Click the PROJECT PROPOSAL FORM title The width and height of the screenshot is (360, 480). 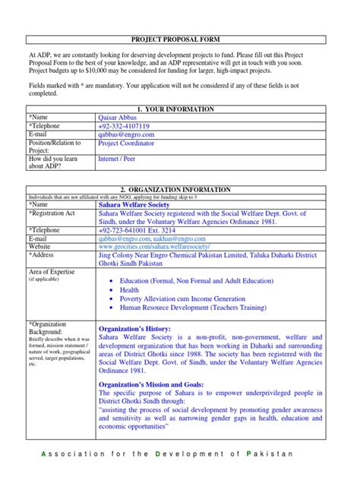(x=179, y=38)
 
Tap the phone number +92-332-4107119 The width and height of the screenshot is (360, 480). (x=124, y=126)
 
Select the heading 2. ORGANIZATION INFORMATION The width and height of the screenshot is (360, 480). (x=180, y=191)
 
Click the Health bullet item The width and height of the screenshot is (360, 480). (x=130, y=289)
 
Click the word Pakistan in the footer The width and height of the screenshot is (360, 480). (x=270, y=454)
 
